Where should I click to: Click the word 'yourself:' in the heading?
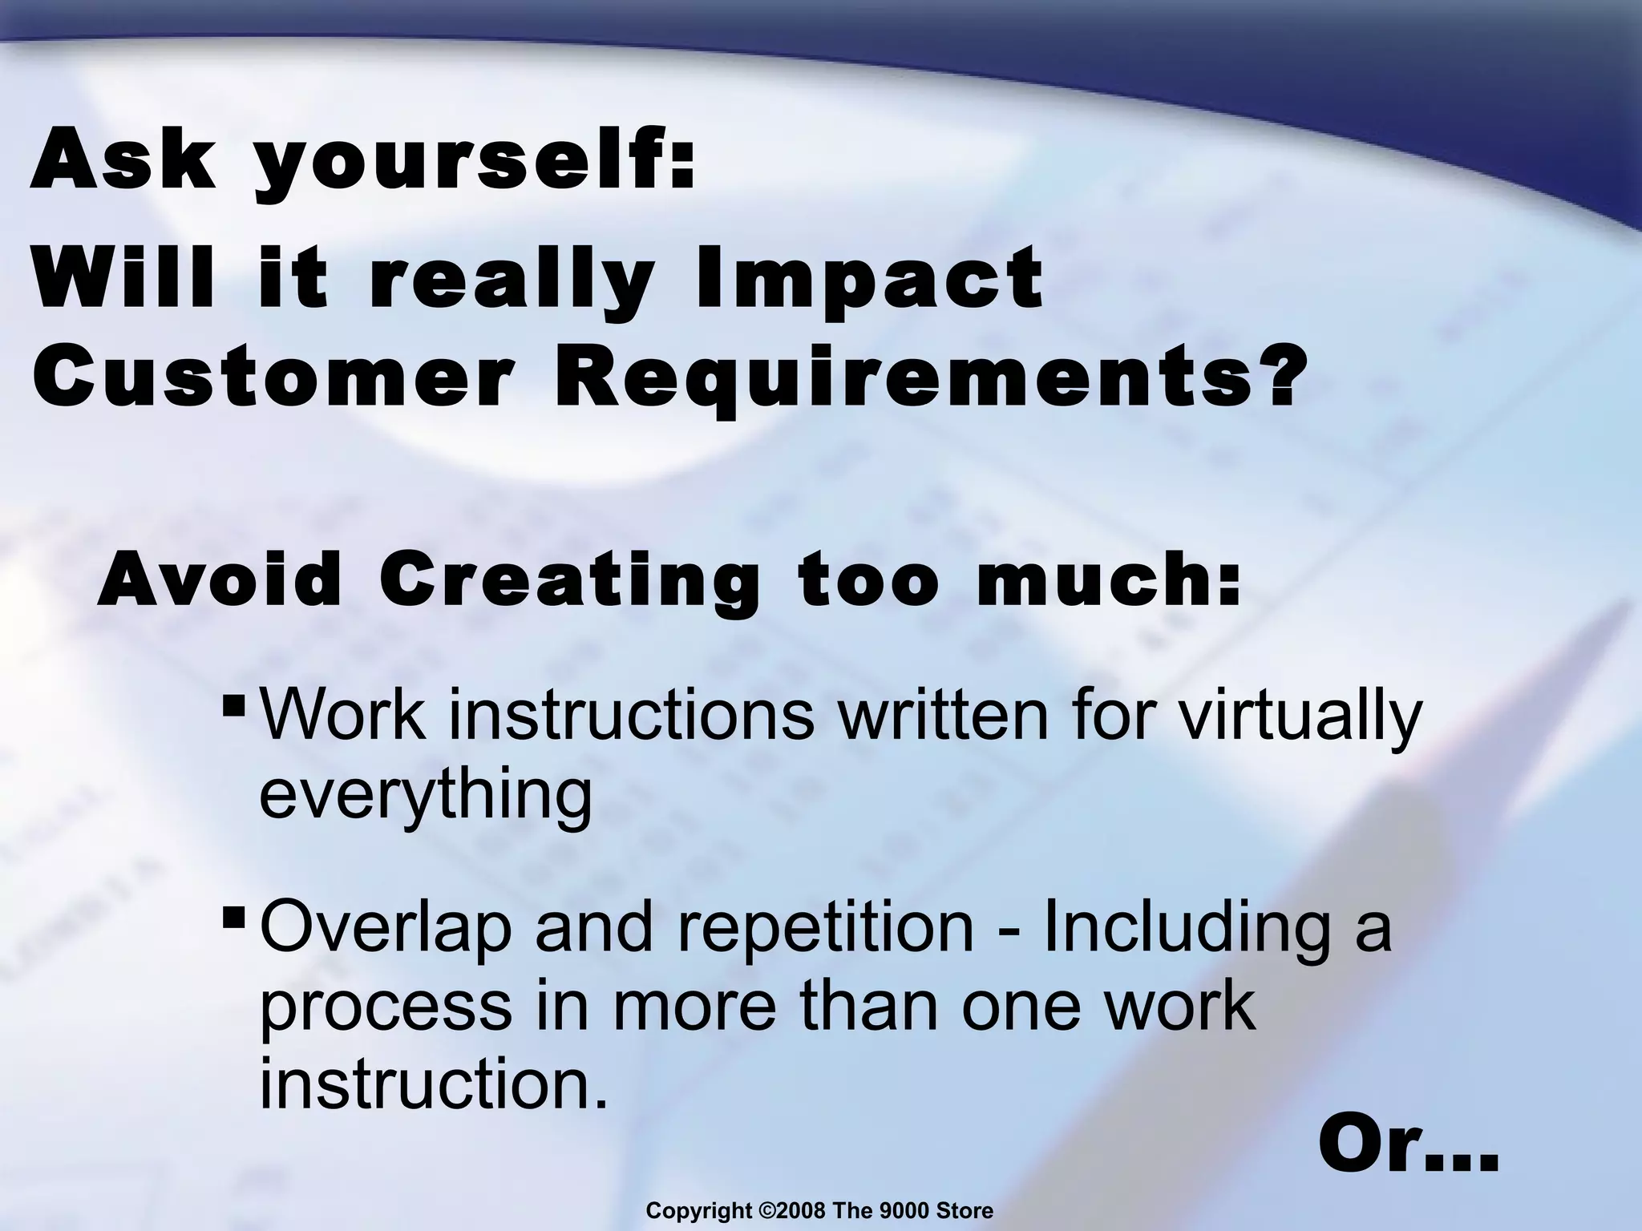tap(474, 165)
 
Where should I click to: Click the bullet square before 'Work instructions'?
tap(235, 706)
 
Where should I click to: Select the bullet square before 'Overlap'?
tap(235, 914)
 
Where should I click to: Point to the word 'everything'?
tap(425, 797)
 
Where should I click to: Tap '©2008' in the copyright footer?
tap(791, 1211)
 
